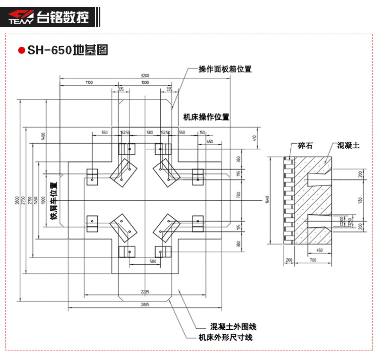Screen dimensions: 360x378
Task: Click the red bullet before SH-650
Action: pyautogui.click(x=21, y=50)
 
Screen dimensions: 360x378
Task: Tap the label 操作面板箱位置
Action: pyautogui.click(x=225, y=70)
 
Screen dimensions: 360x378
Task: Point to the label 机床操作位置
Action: pyautogui.click(x=206, y=117)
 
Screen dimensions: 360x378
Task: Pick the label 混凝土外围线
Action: pyautogui.click(x=233, y=327)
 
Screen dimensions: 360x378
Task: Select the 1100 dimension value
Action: pyautogui.click(x=89, y=82)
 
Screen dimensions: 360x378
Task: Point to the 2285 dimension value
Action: pyautogui.click(x=145, y=291)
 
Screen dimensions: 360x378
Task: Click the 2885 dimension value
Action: pyautogui.click(x=145, y=304)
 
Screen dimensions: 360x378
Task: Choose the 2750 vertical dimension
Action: pyautogui.click(x=23, y=200)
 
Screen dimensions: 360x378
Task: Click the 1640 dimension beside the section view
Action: pyautogui.click(x=267, y=201)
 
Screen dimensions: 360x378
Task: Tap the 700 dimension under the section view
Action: pyautogui.click(x=313, y=260)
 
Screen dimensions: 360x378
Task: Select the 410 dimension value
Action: pyautogui.click(x=255, y=137)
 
